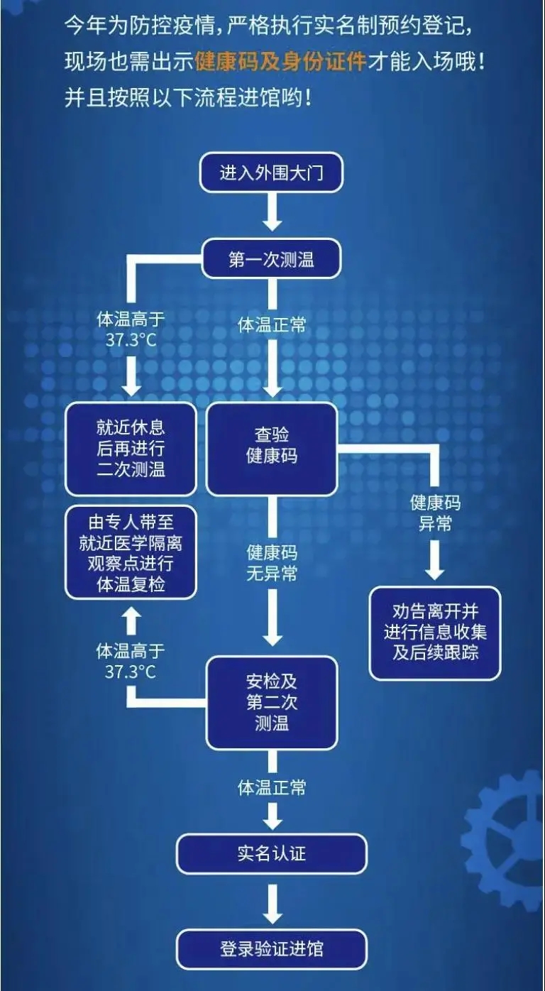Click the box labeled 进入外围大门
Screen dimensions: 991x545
[x=271, y=173]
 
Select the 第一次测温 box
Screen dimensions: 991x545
[x=271, y=260]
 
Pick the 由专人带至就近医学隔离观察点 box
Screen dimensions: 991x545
[x=131, y=554]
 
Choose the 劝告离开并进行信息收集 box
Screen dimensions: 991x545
[x=435, y=632]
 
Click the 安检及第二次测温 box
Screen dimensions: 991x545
[x=271, y=702]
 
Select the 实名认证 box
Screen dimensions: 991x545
[x=271, y=853]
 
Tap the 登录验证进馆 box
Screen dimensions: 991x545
[x=271, y=948]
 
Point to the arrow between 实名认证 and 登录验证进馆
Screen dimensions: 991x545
[x=271, y=900]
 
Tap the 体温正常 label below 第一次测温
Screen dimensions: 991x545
[x=271, y=325]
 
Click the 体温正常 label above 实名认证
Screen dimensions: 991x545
[x=271, y=787]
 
